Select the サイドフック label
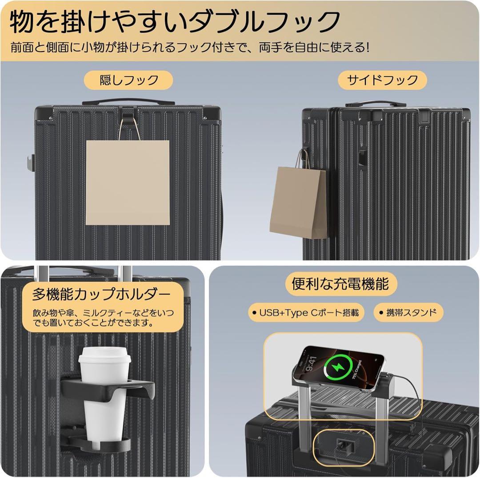[x=383, y=80]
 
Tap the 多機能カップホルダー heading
[x=102, y=294]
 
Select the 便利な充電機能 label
[x=340, y=284]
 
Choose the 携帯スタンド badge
[x=408, y=312]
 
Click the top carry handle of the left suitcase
[x=122, y=101]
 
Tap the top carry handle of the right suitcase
[x=376, y=104]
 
